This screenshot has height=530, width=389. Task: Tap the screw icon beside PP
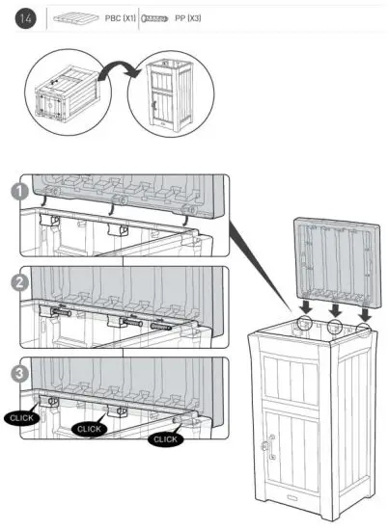tap(155, 18)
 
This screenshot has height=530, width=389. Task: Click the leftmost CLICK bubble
tap(21, 418)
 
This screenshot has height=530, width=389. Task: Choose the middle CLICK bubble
tap(90, 428)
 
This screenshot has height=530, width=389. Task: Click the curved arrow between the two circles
tap(117, 73)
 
